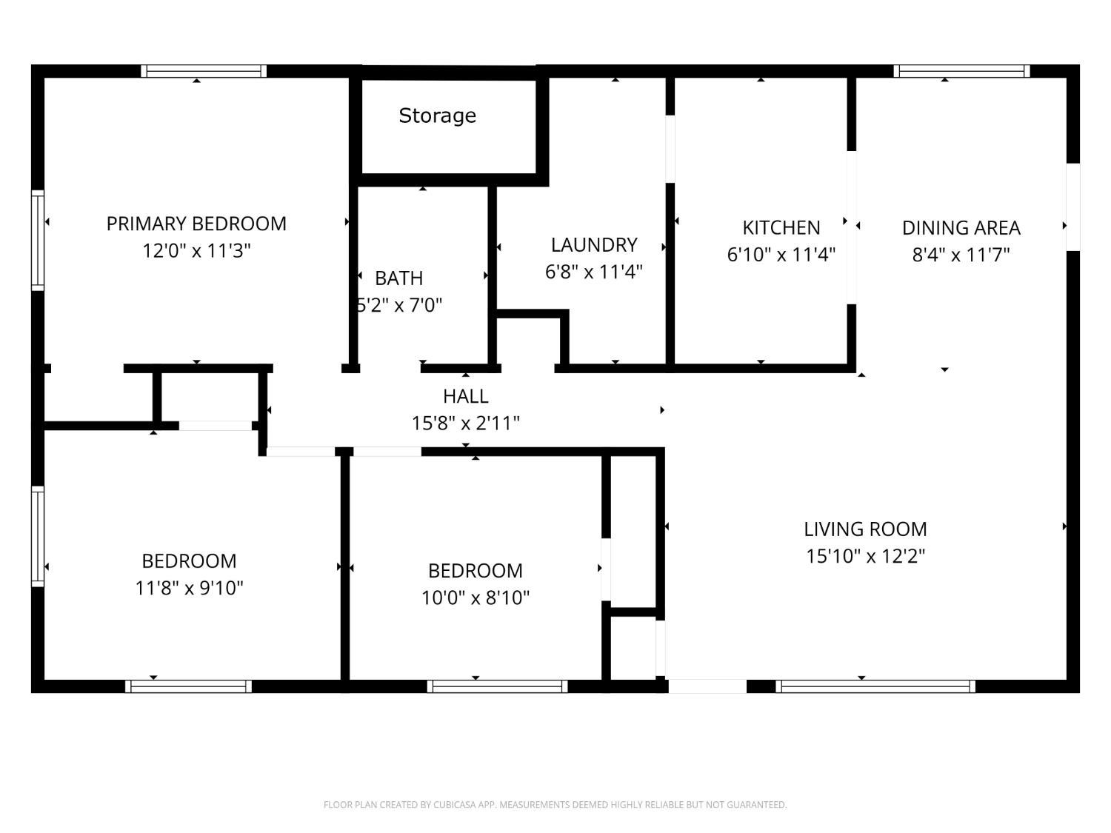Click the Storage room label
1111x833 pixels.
coord(437,116)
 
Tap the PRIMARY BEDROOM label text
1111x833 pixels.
coord(196,224)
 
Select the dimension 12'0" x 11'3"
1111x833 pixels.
coord(196,251)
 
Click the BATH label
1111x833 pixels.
coord(398,278)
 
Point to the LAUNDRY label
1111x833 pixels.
coord(594,245)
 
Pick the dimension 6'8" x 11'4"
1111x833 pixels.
coord(594,272)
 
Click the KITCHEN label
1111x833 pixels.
coord(781,227)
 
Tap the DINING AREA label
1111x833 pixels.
coord(961,228)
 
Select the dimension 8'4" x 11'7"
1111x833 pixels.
coord(961,255)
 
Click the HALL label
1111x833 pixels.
coord(465,396)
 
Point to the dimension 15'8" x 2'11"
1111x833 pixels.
coord(465,424)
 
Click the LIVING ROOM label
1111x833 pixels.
coord(865,529)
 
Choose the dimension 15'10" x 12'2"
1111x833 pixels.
coord(865,556)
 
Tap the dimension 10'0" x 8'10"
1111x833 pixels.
coord(476,598)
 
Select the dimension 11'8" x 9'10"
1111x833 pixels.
coord(189,588)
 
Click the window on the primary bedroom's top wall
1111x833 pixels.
coord(204,71)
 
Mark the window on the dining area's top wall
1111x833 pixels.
coord(961,71)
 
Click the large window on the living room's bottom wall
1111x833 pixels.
coord(875,686)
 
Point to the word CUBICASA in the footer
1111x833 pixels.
coord(453,805)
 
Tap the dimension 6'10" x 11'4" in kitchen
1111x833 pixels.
coord(781,255)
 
